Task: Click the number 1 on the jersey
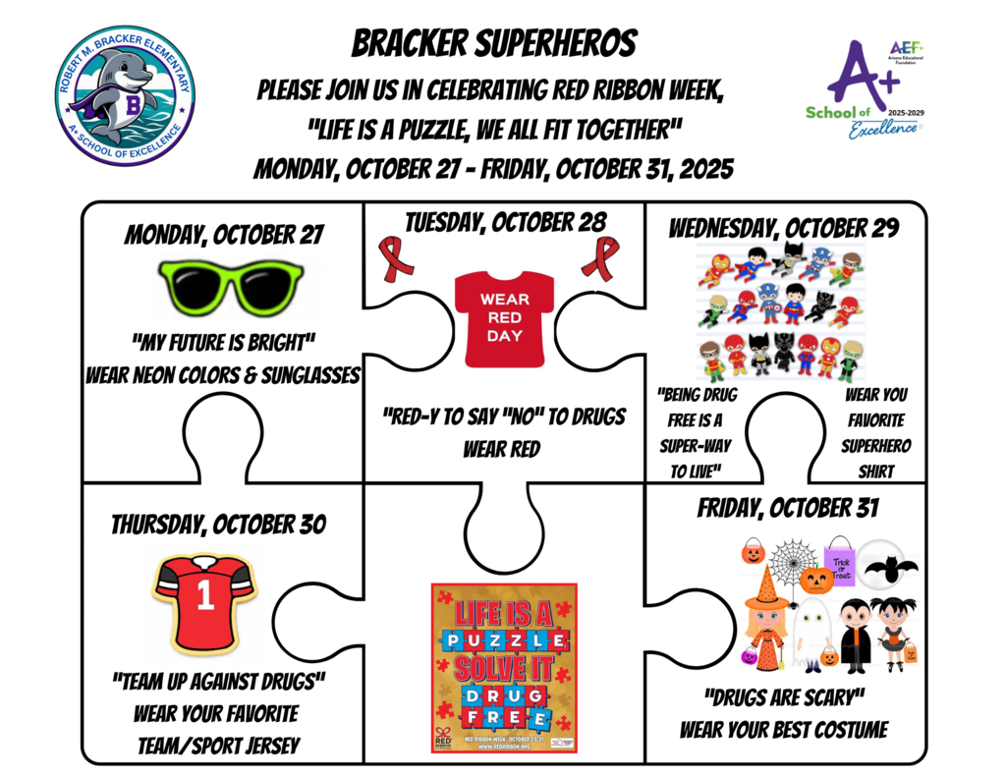(204, 598)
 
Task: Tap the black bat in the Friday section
(890, 567)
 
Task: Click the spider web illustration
(792, 561)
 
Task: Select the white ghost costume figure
(810, 629)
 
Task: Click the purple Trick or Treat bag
(840, 560)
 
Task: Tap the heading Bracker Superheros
(494, 43)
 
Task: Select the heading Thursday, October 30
(218, 525)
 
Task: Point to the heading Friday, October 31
(787, 508)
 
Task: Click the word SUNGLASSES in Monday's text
(301, 375)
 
